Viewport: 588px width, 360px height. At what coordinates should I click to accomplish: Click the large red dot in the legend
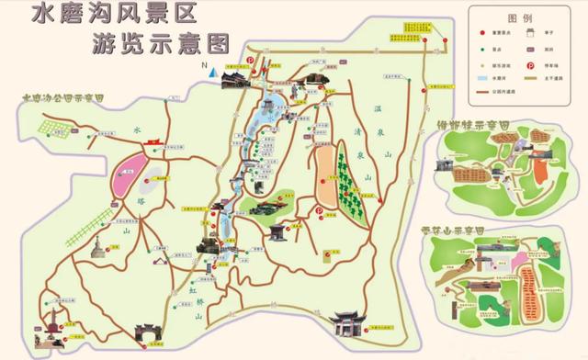pyautogui.click(x=481, y=33)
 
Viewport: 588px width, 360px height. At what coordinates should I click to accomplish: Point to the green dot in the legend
pyautogui.click(x=481, y=49)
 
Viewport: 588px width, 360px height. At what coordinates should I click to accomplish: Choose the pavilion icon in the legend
pyautogui.click(x=530, y=33)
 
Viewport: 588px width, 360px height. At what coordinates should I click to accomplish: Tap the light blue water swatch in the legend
pyautogui.click(x=482, y=81)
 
